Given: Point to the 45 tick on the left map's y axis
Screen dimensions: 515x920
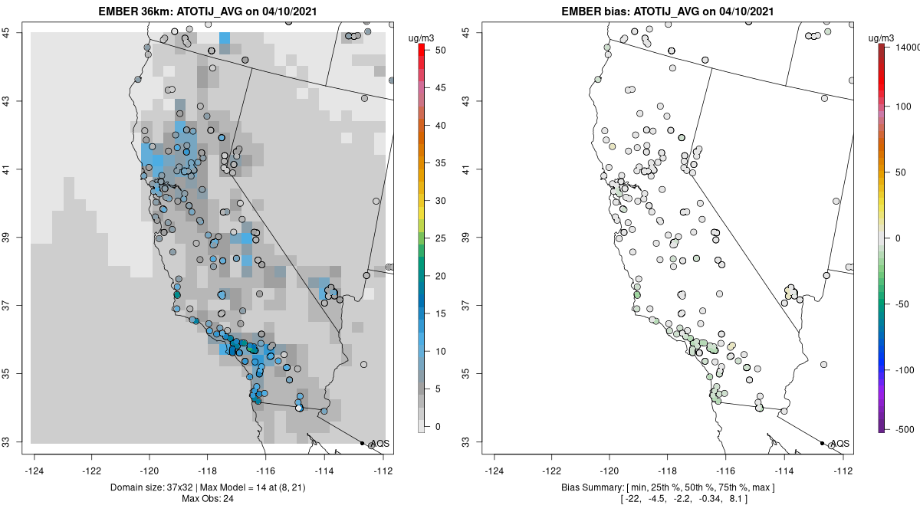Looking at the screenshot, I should pyautogui.click(x=15, y=32).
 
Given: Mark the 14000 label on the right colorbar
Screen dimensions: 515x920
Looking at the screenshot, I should pyautogui.click(x=903, y=48).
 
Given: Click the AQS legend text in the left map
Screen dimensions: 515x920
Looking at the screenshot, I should pyautogui.click(x=379, y=444).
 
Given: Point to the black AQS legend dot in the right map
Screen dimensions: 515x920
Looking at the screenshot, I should pyautogui.click(x=822, y=443).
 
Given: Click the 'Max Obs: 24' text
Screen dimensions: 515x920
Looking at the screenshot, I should pyautogui.click(x=208, y=499).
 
